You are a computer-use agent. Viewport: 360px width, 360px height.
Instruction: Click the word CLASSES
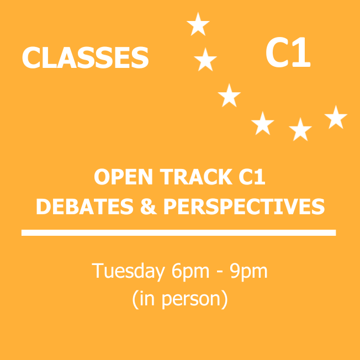pyautogui.click(x=85, y=58)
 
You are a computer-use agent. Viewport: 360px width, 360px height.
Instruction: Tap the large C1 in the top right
pyautogui.click(x=288, y=54)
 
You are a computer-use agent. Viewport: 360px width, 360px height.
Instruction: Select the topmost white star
pyautogui.click(x=198, y=25)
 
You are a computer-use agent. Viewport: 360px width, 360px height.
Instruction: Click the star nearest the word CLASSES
pyautogui.click(x=205, y=60)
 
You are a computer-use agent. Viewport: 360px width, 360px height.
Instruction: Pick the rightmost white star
pyautogui.click(x=336, y=118)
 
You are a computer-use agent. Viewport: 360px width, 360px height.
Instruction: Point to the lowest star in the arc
pyautogui.click(x=300, y=129)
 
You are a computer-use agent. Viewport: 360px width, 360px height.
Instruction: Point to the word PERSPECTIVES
pyautogui.click(x=244, y=207)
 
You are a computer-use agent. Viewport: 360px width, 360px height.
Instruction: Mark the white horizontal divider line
pyautogui.click(x=178, y=232)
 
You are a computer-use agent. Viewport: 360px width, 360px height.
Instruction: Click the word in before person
pyautogui.click(x=146, y=298)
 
